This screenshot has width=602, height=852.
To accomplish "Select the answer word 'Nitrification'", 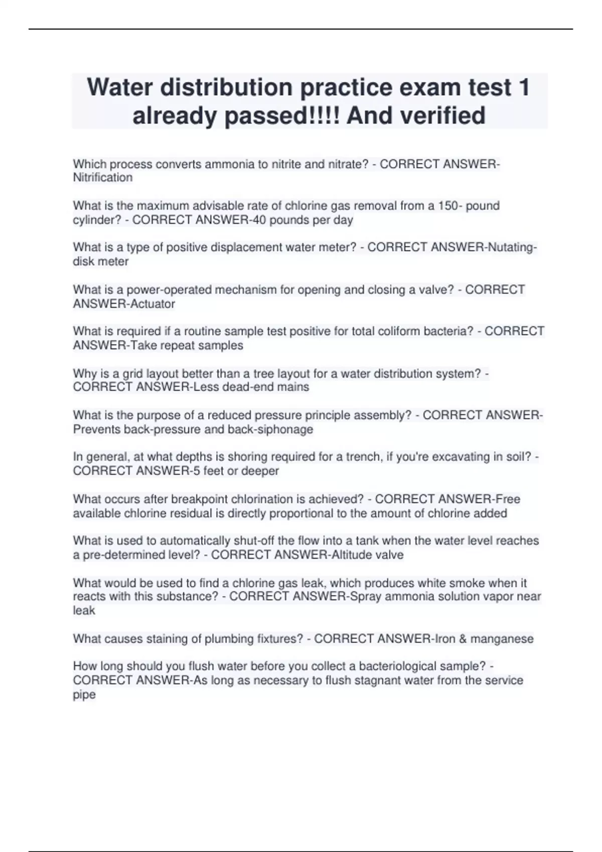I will (x=103, y=178).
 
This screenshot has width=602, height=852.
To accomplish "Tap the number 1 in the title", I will (x=523, y=88).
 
